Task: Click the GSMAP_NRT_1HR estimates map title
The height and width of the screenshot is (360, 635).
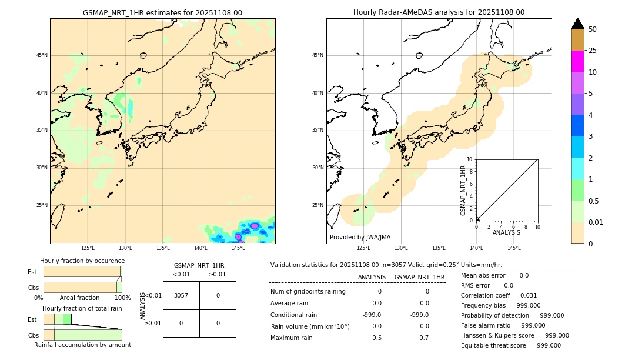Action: (x=162, y=12)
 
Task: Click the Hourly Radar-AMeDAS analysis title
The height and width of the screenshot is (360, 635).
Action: (x=439, y=12)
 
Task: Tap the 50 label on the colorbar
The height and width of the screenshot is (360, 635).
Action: (x=593, y=29)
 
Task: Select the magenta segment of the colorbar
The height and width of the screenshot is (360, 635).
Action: (x=577, y=61)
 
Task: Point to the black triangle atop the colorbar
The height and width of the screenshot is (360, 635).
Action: (x=577, y=24)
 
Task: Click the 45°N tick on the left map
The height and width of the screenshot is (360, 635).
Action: (x=42, y=55)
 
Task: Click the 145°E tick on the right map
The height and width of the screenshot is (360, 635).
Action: (x=514, y=248)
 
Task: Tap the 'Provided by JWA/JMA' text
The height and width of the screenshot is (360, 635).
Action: (x=360, y=238)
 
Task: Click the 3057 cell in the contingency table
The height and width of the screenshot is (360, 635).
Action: (x=181, y=296)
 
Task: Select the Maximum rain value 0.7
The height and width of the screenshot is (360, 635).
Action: (x=424, y=338)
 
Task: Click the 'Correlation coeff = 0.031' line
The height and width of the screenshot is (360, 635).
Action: (x=499, y=296)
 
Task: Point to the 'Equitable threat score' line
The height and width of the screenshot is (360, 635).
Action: (x=510, y=345)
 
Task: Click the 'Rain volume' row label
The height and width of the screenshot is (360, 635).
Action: (x=310, y=326)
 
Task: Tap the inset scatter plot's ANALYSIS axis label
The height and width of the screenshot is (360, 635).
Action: (x=506, y=233)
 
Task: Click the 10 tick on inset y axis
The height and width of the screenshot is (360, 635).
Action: (x=470, y=159)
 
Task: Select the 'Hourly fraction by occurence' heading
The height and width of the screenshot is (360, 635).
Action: (x=82, y=261)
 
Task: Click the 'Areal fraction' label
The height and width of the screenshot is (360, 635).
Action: (x=79, y=298)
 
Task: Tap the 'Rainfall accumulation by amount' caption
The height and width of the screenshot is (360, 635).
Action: (x=82, y=345)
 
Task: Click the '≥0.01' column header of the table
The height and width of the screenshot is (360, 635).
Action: (x=217, y=274)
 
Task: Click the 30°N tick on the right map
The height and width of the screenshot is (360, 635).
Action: (x=318, y=168)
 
